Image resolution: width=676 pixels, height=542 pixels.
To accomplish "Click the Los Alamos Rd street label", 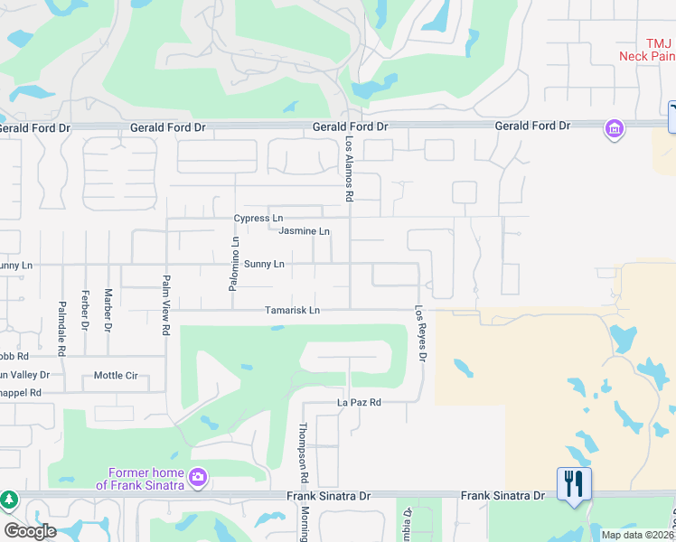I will (349, 169).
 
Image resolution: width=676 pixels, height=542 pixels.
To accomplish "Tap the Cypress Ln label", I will (258, 219).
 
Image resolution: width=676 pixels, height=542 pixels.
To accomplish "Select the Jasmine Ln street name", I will (304, 231).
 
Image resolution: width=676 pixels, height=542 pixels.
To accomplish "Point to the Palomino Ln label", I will (234, 264).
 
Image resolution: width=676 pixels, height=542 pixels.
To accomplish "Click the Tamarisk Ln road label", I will (292, 311).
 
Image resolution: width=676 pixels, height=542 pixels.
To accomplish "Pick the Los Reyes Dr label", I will (420, 332).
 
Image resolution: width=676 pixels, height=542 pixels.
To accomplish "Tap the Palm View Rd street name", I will (166, 305).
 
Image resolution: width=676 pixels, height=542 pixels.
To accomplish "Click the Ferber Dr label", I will (84, 309).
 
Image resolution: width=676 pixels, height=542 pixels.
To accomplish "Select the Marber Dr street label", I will (108, 309).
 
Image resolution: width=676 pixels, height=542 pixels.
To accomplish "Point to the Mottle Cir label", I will (116, 376).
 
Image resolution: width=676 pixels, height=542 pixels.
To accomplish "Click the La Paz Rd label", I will (359, 402).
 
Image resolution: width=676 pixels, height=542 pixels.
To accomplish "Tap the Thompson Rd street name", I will (304, 452).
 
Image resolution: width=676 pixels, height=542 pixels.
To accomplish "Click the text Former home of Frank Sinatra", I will (146, 479).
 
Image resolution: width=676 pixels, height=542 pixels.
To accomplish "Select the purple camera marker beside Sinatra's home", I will (198, 475).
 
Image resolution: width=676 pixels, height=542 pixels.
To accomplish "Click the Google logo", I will (29, 531).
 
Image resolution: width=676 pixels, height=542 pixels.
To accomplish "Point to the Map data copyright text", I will (636, 535).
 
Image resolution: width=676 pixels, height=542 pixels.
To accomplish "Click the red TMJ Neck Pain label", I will (645, 50).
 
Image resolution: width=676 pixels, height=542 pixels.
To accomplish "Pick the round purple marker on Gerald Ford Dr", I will (615, 129).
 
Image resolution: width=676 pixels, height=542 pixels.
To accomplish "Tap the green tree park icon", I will (9, 500).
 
